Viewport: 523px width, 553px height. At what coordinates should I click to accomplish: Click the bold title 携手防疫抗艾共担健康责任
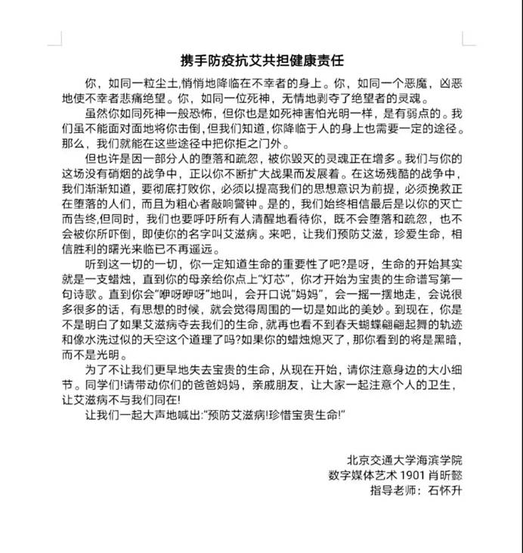pos(261,60)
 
